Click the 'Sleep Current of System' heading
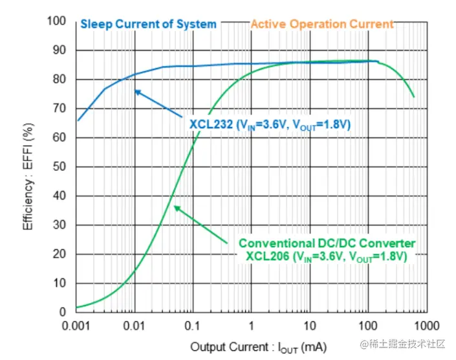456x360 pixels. [148, 24]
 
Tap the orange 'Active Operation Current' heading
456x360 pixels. [321, 24]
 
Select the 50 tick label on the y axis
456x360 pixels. [60, 167]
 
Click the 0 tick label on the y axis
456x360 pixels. [63, 312]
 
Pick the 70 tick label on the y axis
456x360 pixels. [60, 109]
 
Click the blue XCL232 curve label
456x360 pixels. [270, 125]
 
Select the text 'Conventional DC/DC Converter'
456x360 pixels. [327, 243]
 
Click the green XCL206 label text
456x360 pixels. [327, 256]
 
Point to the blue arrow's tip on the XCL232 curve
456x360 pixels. [135, 90]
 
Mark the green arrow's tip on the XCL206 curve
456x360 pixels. [174, 206]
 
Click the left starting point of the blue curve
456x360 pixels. [78, 120]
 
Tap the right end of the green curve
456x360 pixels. [414, 97]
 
